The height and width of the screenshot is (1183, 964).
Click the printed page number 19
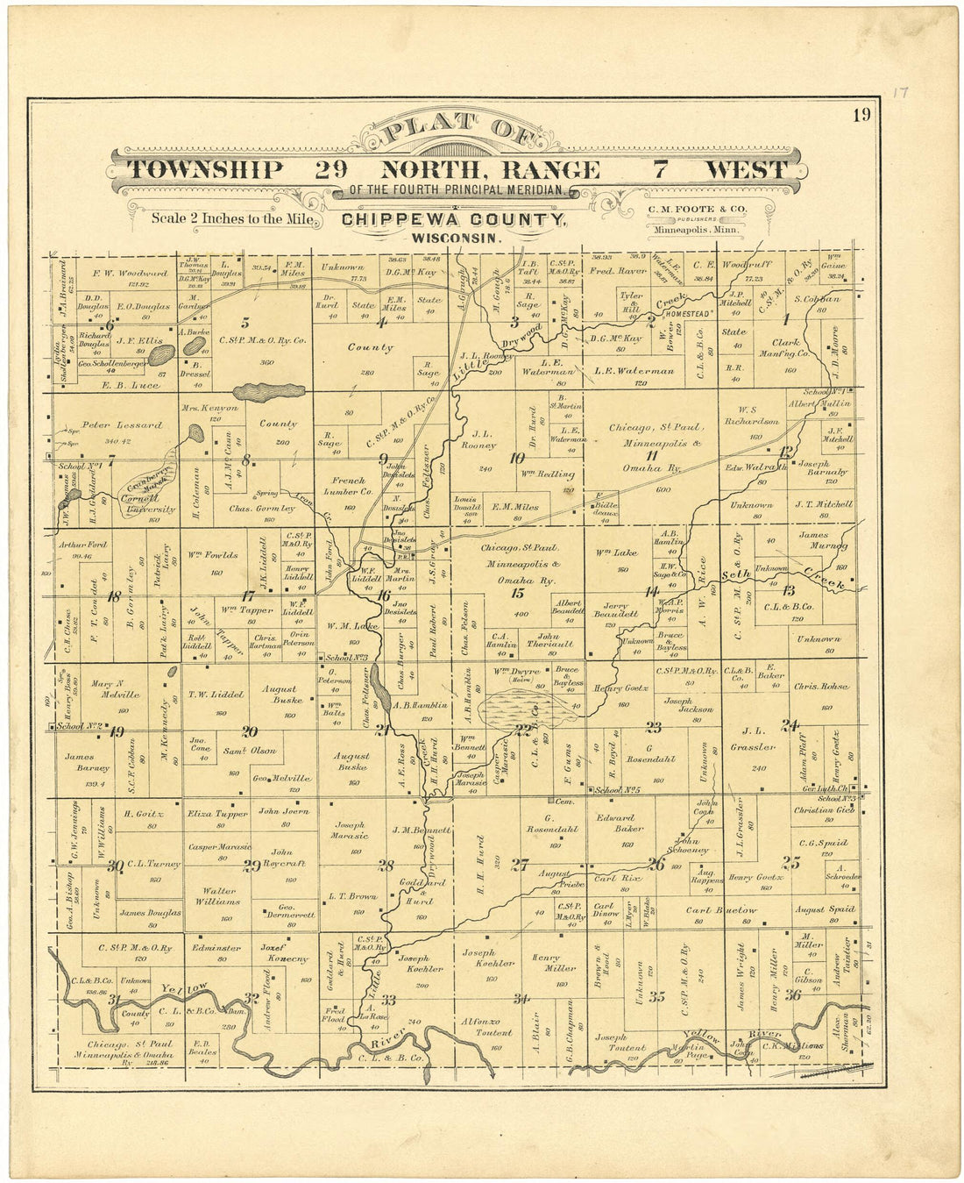point(861,115)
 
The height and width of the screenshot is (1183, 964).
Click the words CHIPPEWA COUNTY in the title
point(453,220)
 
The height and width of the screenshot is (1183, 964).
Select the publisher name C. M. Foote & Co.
point(697,209)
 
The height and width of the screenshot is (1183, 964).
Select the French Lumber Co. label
point(349,487)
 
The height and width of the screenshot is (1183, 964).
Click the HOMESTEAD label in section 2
point(690,313)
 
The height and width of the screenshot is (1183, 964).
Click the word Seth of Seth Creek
point(734,574)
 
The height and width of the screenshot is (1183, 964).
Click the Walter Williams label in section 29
point(217,895)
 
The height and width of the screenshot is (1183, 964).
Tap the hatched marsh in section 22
point(518,708)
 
